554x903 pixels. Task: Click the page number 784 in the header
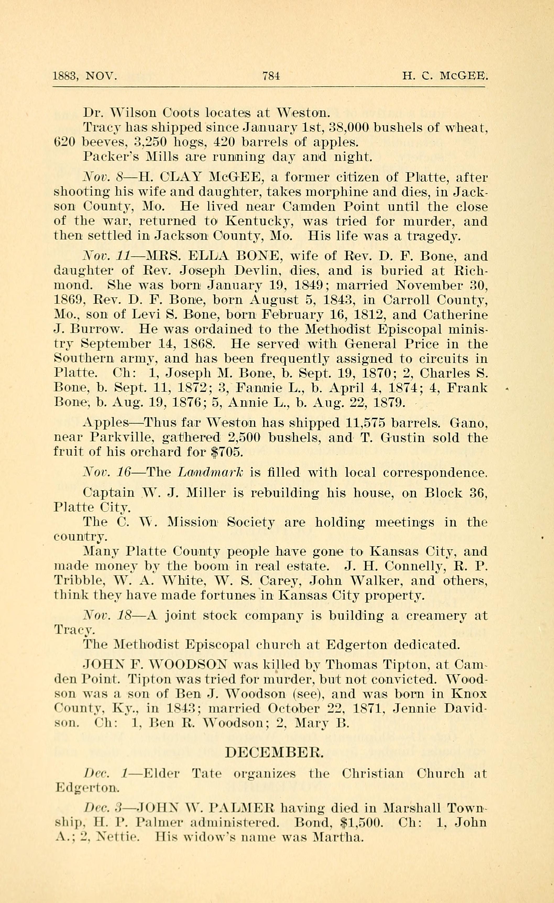coord(271,76)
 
